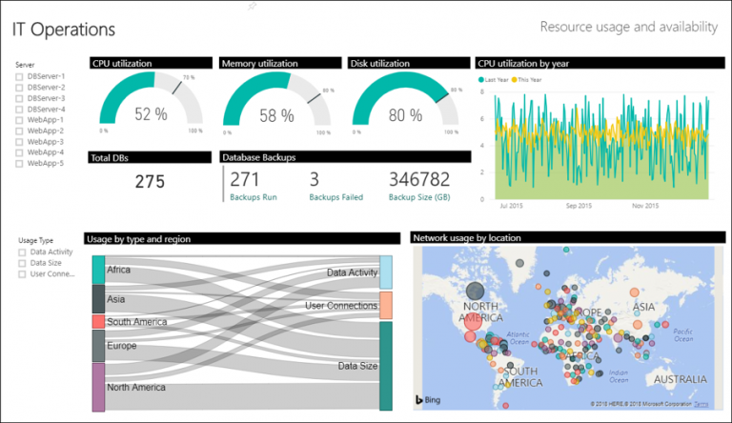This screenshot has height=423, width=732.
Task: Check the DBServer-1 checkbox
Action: (20, 76)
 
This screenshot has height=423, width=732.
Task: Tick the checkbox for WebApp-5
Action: (20, 163)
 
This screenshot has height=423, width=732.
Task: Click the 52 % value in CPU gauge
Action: (150, 114)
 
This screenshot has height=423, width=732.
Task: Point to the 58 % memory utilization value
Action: (277, 115)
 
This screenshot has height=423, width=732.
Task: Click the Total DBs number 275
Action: (150, 181)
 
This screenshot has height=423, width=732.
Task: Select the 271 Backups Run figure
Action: (245, 179)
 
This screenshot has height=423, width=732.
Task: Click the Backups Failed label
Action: (336, 197)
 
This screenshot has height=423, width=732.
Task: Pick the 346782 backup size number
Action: (419, 179)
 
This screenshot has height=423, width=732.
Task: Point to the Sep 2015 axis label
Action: (579, 205)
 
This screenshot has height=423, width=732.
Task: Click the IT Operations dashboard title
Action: (64, 30)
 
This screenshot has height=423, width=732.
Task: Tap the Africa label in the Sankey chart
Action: (120, 270)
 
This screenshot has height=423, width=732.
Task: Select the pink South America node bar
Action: (98, 322)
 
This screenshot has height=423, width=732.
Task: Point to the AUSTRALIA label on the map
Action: (680, 379)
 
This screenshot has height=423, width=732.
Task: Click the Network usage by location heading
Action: (466, 238)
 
